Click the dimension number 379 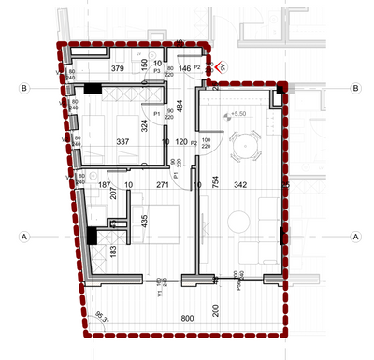[118, 69]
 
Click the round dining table [245, 147]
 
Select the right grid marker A [356, 237]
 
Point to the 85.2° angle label [100, 315]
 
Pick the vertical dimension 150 [145, 64]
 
